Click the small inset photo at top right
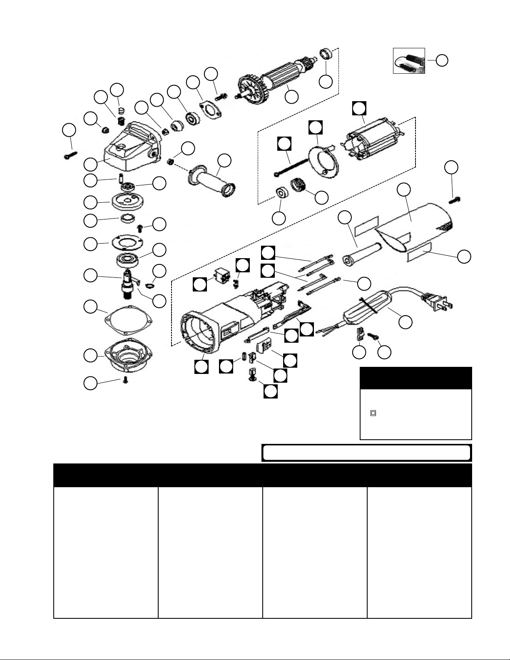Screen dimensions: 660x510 tap(409, 61)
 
